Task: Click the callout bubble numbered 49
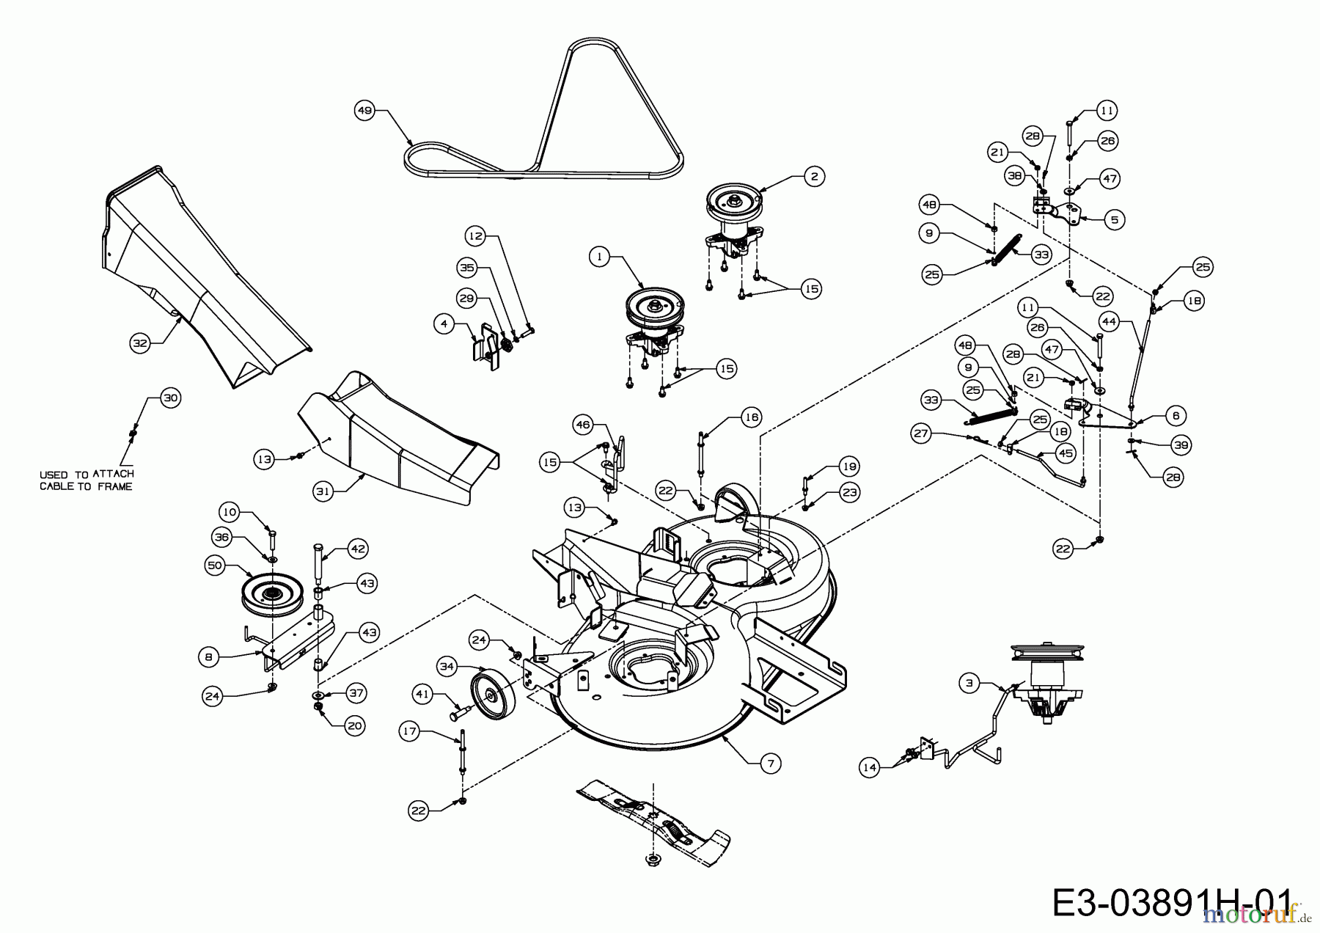[364, 111]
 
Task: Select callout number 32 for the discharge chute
[139, 343]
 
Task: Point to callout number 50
[215, 566]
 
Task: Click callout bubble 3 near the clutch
[969, 684]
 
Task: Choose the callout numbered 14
[870, 767]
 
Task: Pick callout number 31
[323, 491]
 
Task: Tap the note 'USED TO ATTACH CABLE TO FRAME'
[87, 480]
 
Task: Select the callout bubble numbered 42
[359, 549]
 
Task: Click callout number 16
[752, 417]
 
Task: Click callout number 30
[170, 398]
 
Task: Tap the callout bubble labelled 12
[475, 236]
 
